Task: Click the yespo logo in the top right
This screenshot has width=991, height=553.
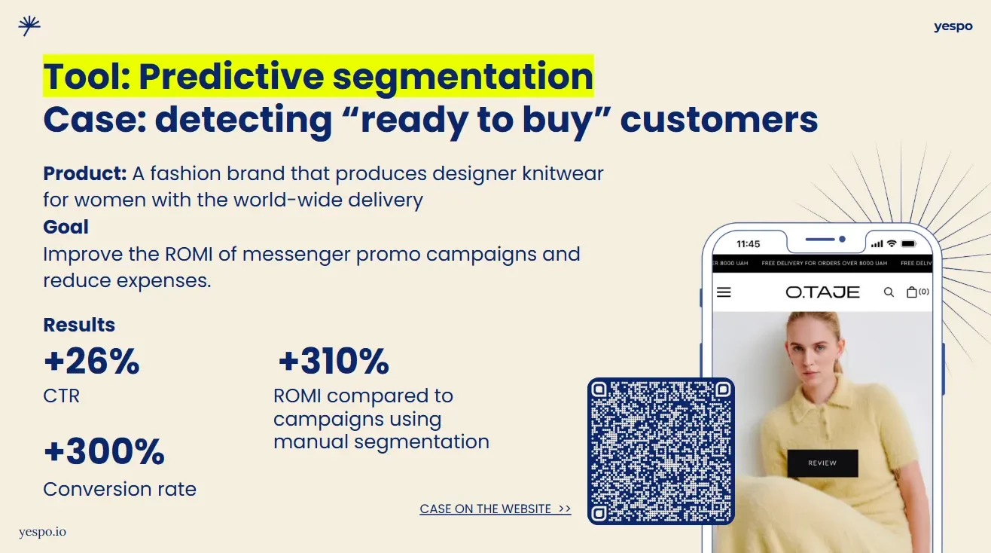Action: (953, 26)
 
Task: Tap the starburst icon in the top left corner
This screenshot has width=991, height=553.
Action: (29, 26)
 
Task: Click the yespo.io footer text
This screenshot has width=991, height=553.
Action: (42, 532)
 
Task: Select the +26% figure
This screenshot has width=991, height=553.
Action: (92, 362)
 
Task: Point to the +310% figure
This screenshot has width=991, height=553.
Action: (334, 361)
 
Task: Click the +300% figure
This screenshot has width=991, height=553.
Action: (104, 451)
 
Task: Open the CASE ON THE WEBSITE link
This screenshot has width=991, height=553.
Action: (495, 509)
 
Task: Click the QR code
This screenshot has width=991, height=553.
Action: (661, 451)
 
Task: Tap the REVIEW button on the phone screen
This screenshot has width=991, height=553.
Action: (822, 463)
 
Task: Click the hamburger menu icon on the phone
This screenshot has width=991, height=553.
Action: (724, 292)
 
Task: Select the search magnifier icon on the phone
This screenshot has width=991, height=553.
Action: (889, 292)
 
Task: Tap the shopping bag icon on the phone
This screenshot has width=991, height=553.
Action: (911, 292)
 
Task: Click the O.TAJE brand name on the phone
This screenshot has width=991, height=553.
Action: (822, 292)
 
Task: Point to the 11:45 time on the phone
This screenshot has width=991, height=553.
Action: (748, 244)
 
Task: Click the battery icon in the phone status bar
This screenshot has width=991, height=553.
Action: (909, 243)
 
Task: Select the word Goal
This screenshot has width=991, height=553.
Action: (66, 227)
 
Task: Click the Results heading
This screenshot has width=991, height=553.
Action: (79, 325)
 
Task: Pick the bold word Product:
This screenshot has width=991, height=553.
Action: (85, 173)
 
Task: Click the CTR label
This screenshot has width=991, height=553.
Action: (62, 396)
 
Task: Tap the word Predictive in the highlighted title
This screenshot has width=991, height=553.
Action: (231, 77)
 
